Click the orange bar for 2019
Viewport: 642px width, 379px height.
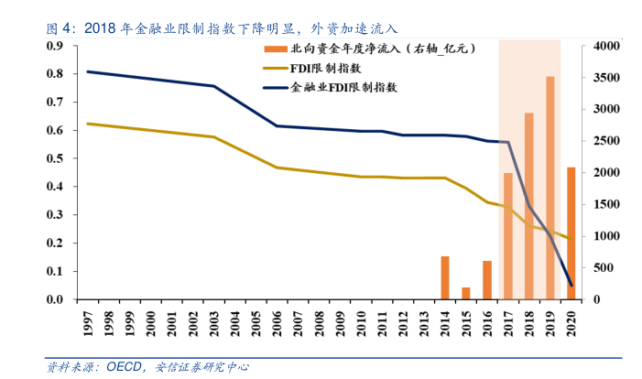[x=550, y=188]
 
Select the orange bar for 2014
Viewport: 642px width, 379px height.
[x=445, y=277]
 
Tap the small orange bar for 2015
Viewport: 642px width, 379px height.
[x=466, y=293]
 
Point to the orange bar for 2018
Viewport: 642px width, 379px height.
[x=528, y=206]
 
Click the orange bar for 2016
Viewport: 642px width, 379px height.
[x=487, y=280]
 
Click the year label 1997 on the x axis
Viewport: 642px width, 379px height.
[x=88, y=321]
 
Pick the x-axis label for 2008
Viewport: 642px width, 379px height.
[x=320, y=321]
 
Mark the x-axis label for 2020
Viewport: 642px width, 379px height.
[x=572, y=321]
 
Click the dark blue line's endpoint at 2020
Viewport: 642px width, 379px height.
[x=571, y=286]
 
